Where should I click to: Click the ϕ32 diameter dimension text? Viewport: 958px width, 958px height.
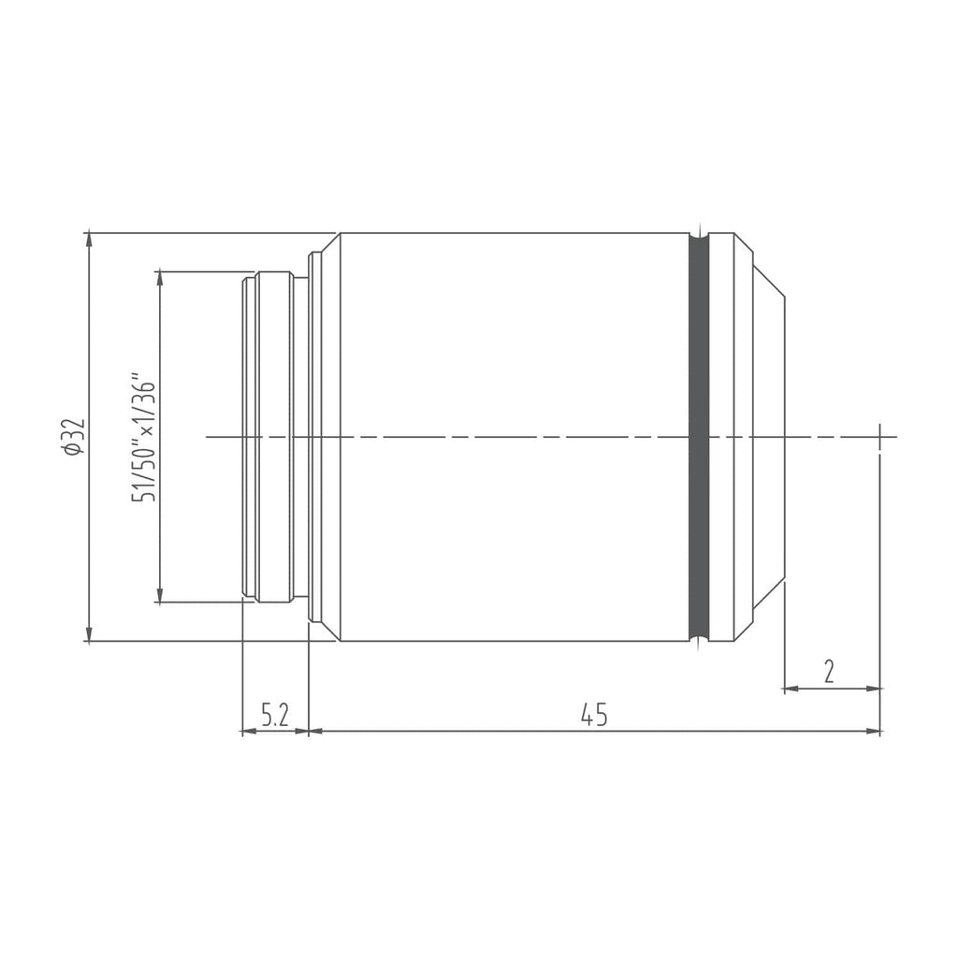74,437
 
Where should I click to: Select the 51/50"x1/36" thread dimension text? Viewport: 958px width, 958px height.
143,437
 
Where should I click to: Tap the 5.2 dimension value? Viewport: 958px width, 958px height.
274,716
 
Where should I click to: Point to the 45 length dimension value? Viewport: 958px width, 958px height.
594,715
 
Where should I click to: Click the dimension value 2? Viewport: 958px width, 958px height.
829,672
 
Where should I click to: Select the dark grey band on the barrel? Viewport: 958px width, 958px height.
699,437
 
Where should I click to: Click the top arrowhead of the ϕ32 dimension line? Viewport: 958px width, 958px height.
89,239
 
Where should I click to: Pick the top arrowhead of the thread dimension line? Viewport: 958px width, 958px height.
160,278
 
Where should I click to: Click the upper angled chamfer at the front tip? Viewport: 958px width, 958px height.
768,281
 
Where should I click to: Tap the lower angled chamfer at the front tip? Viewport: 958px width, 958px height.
768,595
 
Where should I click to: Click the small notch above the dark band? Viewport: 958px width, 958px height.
699,229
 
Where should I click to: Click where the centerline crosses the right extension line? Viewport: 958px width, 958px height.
880,437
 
